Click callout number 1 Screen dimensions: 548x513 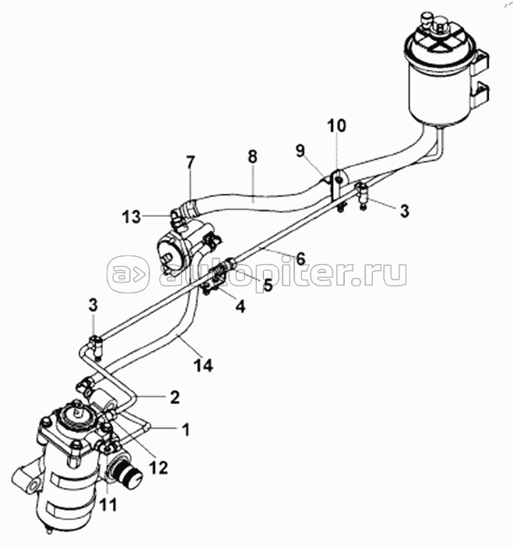[185, 428]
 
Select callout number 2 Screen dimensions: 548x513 [174, 397]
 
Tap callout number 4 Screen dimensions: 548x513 [241, 307]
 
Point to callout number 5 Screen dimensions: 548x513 [268, 285]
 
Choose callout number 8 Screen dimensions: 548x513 [251, 156]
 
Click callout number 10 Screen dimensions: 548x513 [336, 125]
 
